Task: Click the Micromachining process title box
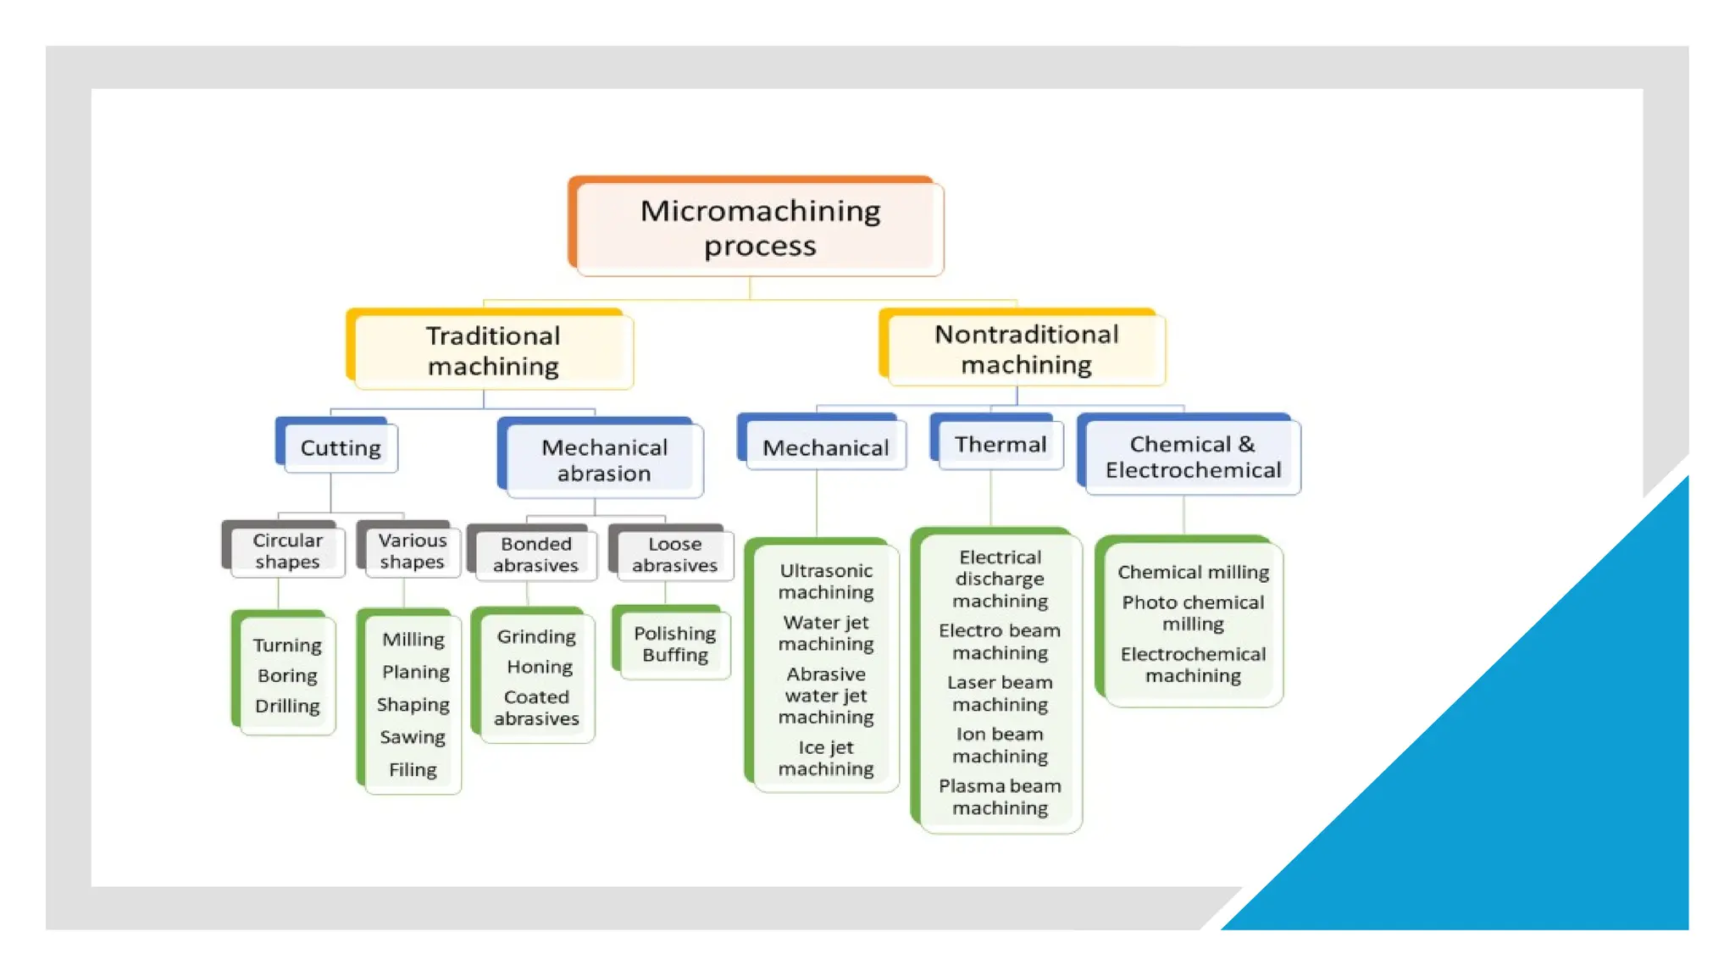(759, 228)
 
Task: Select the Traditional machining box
(492, 351)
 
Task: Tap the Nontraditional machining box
(1025, 349)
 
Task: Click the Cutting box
(340, 447)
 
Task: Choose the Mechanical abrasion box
(604, 460)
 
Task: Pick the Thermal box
(1000, 444)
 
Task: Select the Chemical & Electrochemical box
(1192, 457)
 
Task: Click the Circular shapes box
(287, 551)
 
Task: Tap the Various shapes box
(412, 551)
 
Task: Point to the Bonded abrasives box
(535, 554)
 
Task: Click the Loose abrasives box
(674, 554)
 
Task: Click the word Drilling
(287, 706)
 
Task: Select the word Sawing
(413, 737)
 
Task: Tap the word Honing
(540, 667)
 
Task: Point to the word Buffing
(674, 655)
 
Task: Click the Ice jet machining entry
(826, 758)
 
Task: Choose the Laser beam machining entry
(1000, 693)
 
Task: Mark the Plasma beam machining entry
(1000, 796)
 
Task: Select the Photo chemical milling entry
(1193, 613)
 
